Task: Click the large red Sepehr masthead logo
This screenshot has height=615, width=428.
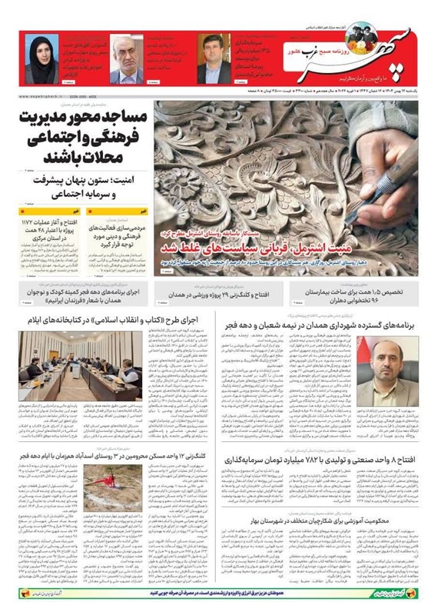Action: coord(362,58)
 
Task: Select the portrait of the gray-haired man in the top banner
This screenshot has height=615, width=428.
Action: coord(126,59)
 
